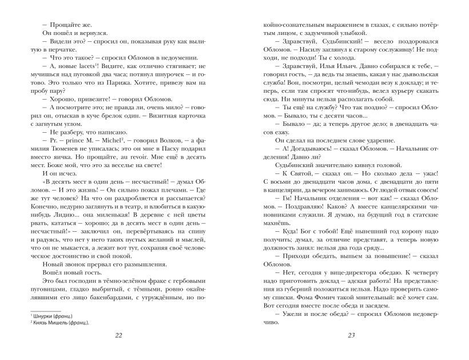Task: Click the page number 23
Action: click(x=351, y=335)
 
